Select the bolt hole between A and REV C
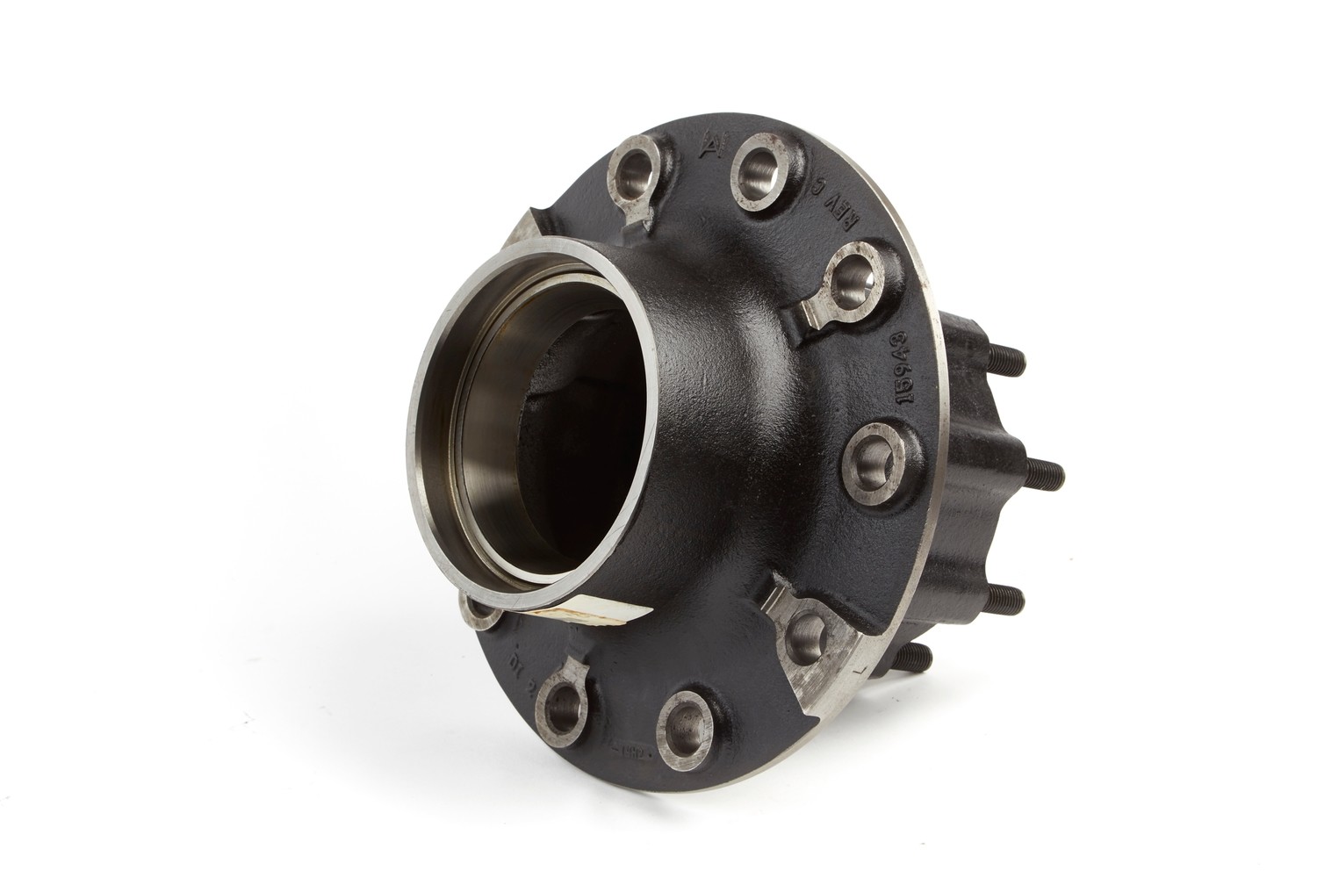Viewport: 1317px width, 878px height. pyautogui.click(x=762, y=165)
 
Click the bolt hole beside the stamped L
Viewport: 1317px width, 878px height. pyautogui.click(x=802, y=630)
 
